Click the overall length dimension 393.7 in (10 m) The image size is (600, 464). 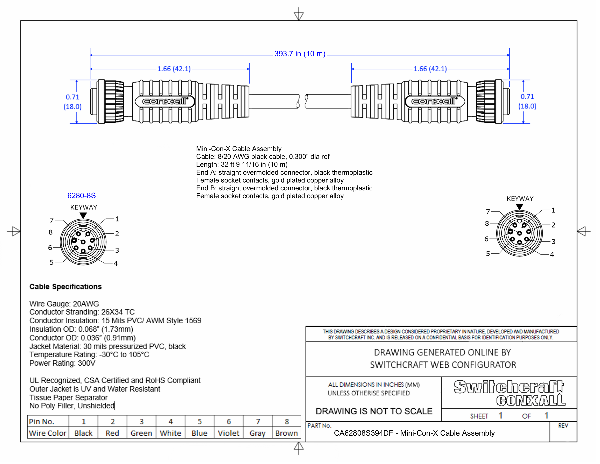299,54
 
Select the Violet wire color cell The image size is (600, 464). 228,433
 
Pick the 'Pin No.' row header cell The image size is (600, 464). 42,421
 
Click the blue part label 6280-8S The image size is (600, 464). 82,196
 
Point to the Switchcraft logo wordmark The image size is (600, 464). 509,387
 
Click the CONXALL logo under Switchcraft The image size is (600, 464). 531,400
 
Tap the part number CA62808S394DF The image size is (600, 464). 363,433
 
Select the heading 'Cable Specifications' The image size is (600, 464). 65,287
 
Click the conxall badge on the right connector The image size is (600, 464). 434,101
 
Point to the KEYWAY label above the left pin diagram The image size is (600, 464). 83,208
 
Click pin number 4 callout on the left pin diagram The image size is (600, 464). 116,263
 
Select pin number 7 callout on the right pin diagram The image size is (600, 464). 488,211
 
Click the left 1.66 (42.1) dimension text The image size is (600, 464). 174,69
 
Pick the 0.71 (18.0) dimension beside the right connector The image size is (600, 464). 527,101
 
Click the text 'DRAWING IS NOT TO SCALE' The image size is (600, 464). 374,411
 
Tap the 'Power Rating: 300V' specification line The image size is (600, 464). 62,363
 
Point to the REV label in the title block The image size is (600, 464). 563,426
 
